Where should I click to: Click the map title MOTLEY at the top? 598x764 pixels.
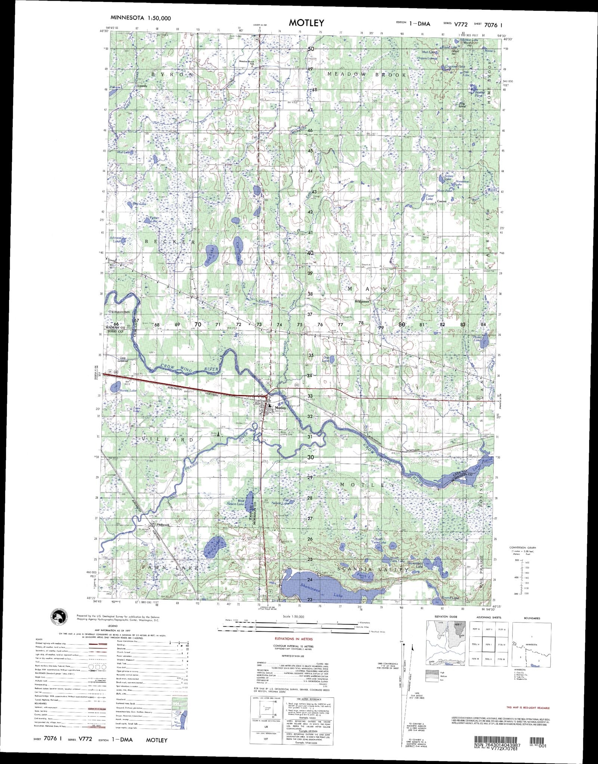click(x=306, y=22)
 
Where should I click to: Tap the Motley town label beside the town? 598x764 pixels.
click(x=280, y=408)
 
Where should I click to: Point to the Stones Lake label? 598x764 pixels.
click(x=127, y=391)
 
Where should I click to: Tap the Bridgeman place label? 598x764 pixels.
click(x=362, y=301)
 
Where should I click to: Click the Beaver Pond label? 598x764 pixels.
click(x=480, y=94)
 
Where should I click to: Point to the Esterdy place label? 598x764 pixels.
click(x=143, y=86)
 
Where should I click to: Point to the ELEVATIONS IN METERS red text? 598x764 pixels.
click(x=293, y=639)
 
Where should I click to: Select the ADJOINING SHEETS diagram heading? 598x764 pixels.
click(x=488, y=618)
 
